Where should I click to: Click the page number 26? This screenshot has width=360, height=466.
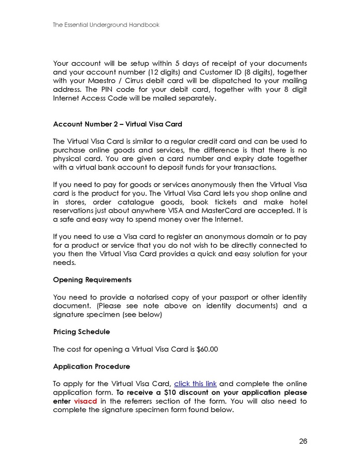coord(303,441)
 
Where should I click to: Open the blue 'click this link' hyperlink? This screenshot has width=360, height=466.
coord(195,384)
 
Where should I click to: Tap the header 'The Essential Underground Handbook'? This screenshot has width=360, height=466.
coord(106,25)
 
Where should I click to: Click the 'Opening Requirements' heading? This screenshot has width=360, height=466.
coord(92,279)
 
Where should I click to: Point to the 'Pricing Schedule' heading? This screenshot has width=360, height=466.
coord(81,331)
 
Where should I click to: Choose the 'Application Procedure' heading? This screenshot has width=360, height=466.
coord(92,366)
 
